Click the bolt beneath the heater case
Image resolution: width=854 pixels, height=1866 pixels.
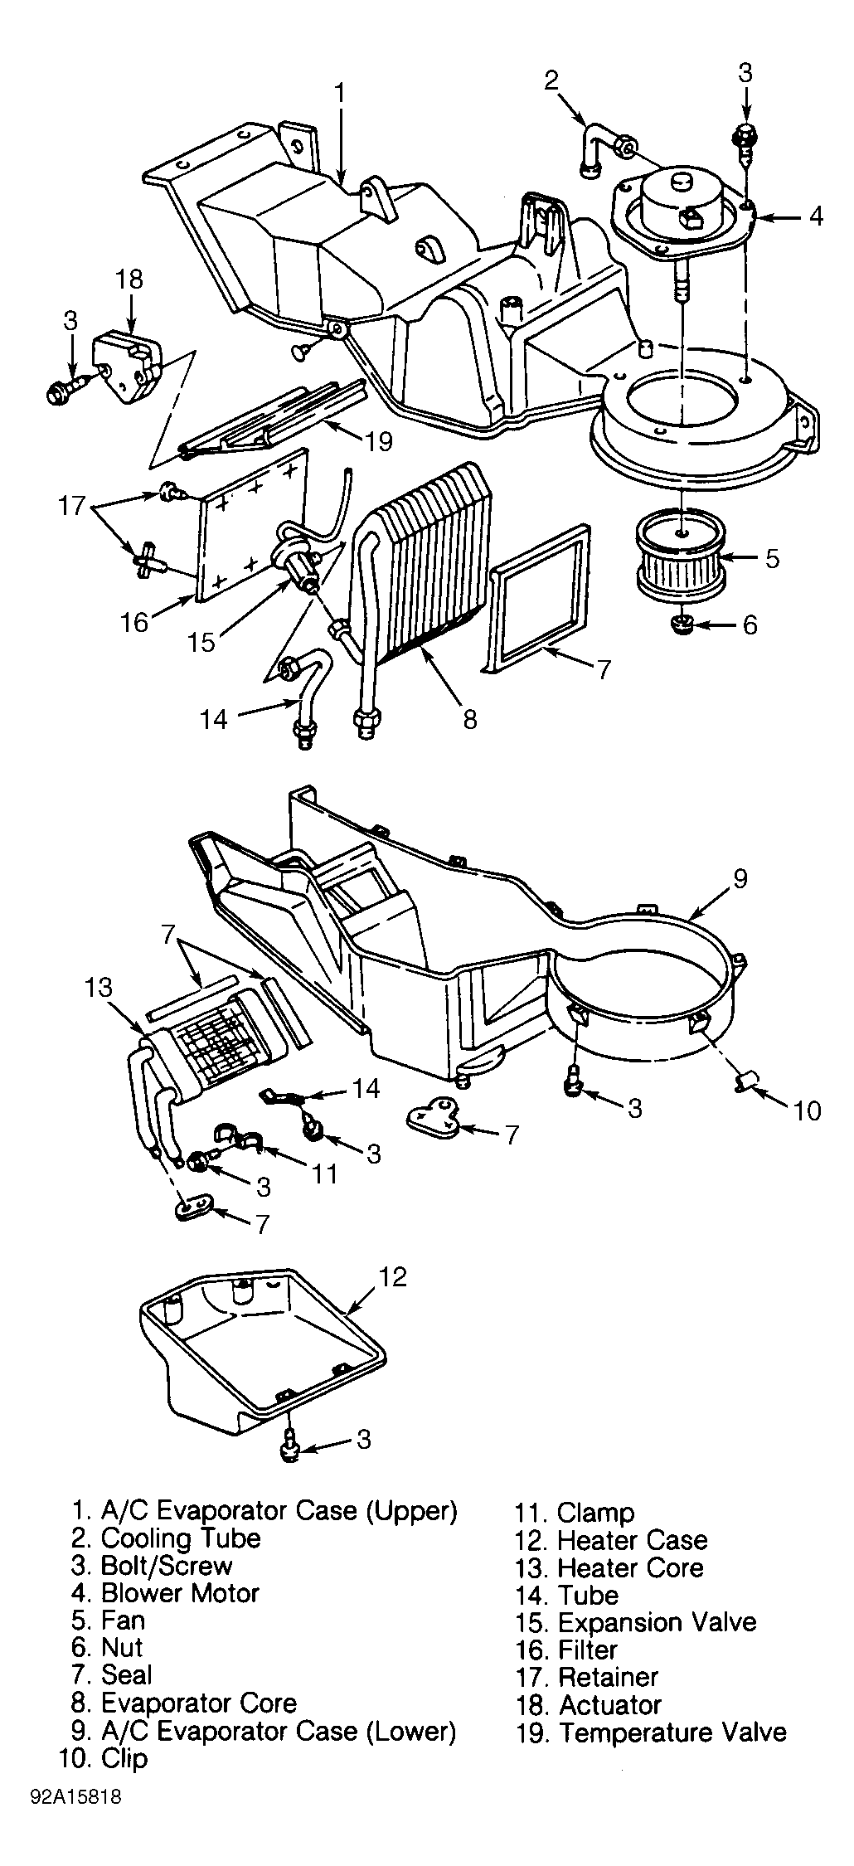289,1441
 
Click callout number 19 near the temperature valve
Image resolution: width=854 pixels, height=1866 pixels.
378,440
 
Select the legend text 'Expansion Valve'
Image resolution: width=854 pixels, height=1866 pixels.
657,1622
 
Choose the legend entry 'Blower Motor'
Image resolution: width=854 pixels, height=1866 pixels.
180,1592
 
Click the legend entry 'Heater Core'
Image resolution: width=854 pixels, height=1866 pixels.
630,1567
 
